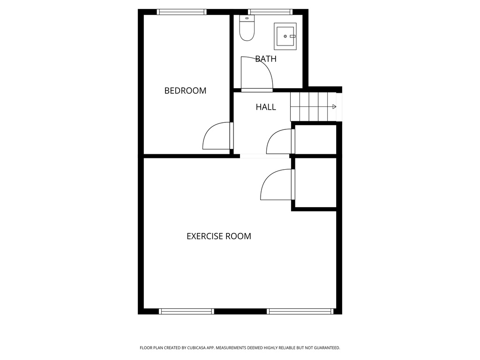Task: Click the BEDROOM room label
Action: click(185, 91)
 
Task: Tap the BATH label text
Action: click(266, 59)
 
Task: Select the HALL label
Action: click(266, 107)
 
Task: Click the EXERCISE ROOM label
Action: click(218, 236)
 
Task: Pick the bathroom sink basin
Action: click(285, 36)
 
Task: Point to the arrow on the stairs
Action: click(334, 107)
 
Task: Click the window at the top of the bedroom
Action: click(181, 12)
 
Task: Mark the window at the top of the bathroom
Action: click(270, 12)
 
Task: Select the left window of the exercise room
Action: click(186, 311)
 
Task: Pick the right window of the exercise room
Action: click(300, 311)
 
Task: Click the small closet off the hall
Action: click(315, 139)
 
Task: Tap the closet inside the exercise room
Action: click(315, 182)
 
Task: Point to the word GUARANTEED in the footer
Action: click(324, 348)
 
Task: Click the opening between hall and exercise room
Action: click(265, 156)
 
